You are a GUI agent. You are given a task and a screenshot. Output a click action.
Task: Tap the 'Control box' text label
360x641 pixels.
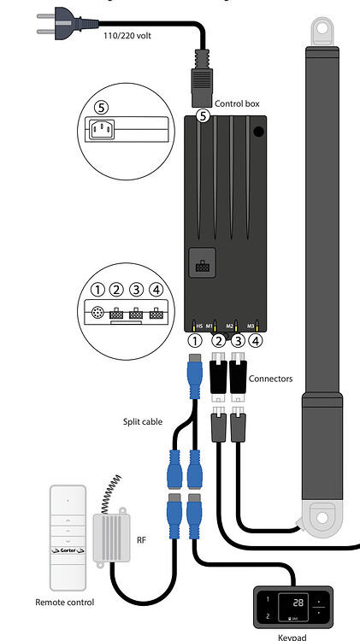[237, 103]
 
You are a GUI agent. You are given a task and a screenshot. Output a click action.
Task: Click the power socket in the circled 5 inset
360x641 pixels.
[101, 131]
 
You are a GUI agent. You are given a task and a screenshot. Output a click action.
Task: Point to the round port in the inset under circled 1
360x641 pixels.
[98, 312]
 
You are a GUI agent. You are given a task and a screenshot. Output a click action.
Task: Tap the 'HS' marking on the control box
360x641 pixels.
[198, 326]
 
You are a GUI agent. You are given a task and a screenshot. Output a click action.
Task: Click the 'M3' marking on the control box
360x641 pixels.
[251, 326]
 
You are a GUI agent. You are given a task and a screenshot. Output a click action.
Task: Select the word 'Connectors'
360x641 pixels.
[270, 377]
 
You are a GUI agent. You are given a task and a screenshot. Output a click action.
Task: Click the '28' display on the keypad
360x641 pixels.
[298, 603]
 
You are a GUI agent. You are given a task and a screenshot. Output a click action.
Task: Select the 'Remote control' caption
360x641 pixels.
[65, 603]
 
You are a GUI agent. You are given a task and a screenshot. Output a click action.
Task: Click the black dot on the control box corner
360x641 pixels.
[258, 132]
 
